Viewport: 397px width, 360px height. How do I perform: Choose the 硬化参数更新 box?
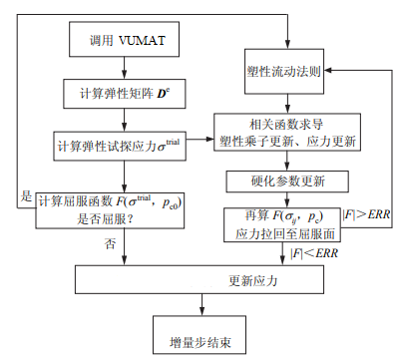pos(286,181)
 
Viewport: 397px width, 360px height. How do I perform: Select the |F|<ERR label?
pos(316,253)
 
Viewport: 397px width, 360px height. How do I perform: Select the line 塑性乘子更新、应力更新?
pos(286,139)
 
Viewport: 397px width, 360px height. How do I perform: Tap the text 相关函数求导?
pos(286,122)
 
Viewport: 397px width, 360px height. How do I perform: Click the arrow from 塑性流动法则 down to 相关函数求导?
pos(286,101)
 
